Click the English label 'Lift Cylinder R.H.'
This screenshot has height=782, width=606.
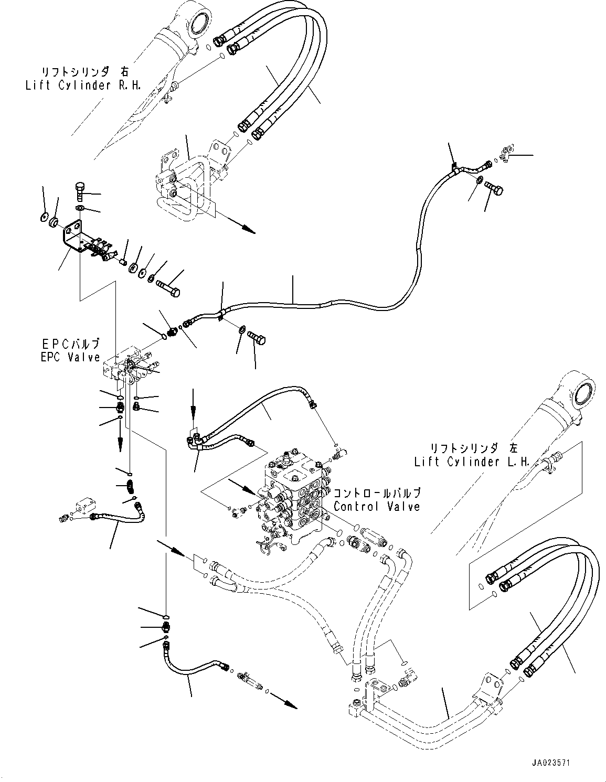point(82,86)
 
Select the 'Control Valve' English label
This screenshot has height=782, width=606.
point(377,507)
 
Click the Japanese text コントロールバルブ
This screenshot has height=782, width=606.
point(377,494)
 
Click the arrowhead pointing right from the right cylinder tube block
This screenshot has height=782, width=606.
point(248,230)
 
